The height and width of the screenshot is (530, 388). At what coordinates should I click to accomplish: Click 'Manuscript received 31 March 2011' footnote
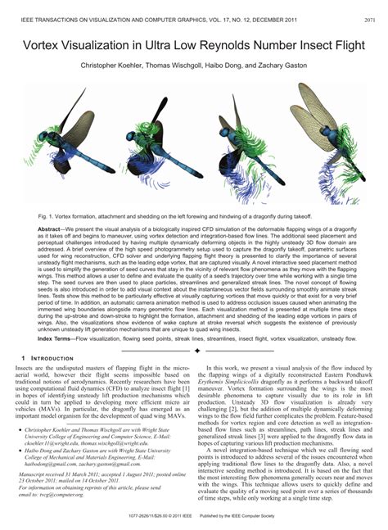[57, 475]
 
